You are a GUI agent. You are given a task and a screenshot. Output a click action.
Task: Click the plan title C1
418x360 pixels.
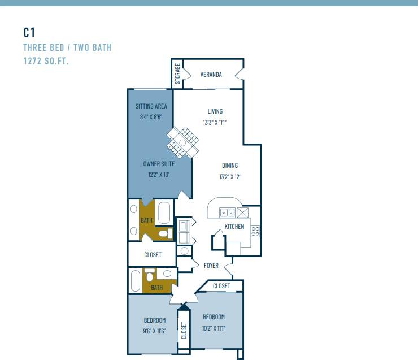(29, 32)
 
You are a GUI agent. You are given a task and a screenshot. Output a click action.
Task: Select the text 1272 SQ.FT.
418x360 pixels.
(46, 61)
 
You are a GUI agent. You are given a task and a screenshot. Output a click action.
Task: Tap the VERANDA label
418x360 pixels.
(211, 75)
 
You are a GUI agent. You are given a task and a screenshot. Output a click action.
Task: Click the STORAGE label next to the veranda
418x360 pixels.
(178, 74)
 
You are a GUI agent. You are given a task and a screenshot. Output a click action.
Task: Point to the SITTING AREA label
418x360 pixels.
(151, 106)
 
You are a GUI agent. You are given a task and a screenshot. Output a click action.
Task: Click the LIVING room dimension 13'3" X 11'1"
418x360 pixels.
(215, 122)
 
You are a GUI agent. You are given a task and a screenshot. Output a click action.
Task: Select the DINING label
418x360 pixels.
(229, 166)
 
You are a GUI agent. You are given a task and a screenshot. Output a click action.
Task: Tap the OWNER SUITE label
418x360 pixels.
(158, 164)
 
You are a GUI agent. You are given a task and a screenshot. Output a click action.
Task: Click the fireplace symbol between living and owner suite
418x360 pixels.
(183, 142)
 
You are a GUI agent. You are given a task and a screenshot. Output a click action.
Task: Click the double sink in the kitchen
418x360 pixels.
(228, 212)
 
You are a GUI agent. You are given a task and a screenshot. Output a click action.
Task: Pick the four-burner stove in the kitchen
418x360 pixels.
(255, 231)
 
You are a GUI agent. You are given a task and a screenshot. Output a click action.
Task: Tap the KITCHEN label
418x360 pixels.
(234, 227)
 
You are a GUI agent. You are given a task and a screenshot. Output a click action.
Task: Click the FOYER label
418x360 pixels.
(211, 266)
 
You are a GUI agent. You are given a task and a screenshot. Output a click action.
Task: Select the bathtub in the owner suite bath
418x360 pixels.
(164, 213)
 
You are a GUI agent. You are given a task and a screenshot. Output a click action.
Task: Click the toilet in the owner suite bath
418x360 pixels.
(166, 233)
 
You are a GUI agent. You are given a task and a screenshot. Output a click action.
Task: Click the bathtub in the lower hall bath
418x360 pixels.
(135, 280)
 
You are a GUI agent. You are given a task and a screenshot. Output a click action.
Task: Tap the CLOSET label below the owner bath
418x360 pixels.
(153, 255)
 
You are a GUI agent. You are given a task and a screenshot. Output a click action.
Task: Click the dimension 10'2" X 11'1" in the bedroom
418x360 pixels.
(214, 328)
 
